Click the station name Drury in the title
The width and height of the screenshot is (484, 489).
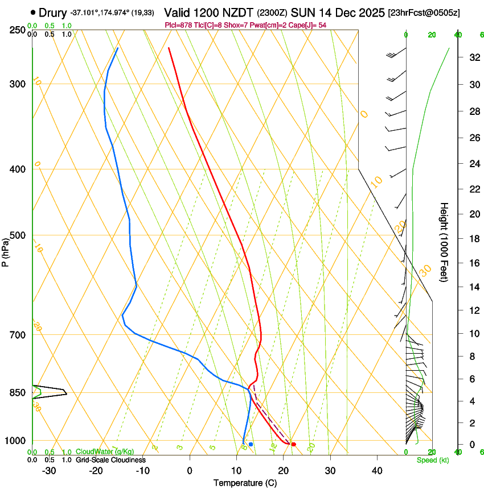pos(53,13)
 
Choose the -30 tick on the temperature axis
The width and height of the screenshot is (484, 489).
pos(49,471)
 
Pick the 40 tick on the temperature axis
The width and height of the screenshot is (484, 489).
pos(376,471)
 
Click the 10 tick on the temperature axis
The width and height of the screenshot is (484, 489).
pos(236,471)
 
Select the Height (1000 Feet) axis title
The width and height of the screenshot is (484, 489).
pos(444,242)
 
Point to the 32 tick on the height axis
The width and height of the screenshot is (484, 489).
pos(473,57)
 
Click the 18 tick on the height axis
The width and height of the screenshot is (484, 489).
pos(473,239)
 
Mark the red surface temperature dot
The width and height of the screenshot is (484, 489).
pos(293,444)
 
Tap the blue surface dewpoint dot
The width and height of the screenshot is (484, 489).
pos(251,444)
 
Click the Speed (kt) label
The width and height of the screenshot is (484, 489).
pos(432,460)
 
